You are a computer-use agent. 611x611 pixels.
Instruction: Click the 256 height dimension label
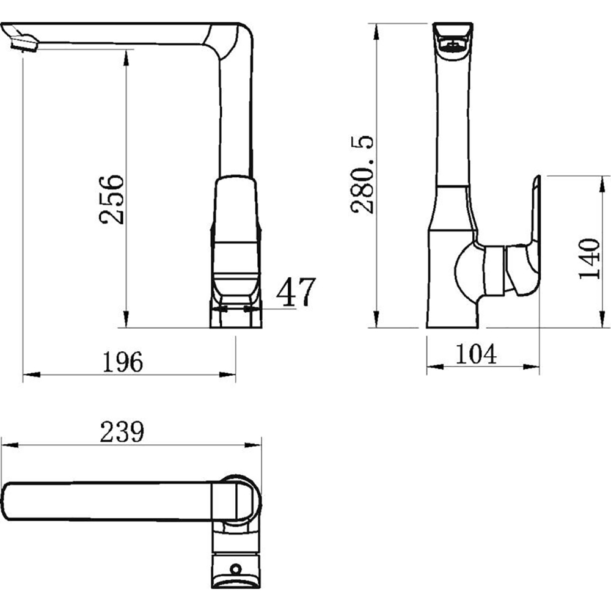click(x=111, y=200)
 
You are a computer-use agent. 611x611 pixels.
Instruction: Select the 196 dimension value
click(x=123, y=362)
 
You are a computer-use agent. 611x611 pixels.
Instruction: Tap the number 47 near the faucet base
click(x=296, y=292)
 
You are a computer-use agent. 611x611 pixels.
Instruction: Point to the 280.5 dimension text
click(x=362, y=175)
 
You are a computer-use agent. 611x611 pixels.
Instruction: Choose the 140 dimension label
click(x=589, y=258)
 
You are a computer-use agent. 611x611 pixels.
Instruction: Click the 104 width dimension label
click(x=476, y=354)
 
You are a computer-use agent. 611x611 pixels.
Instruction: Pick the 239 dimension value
click(x=122, y=432)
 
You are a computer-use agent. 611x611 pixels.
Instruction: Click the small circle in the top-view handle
click(x=235, y=569)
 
